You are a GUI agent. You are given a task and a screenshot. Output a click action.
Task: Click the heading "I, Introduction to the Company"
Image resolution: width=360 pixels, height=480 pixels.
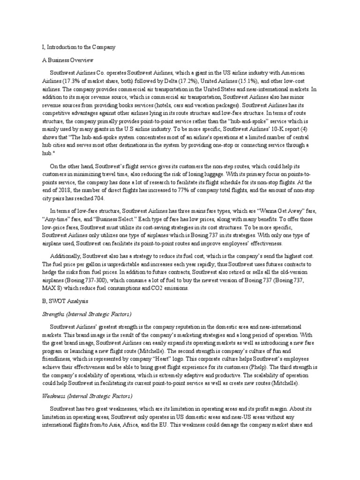(75, 47)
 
